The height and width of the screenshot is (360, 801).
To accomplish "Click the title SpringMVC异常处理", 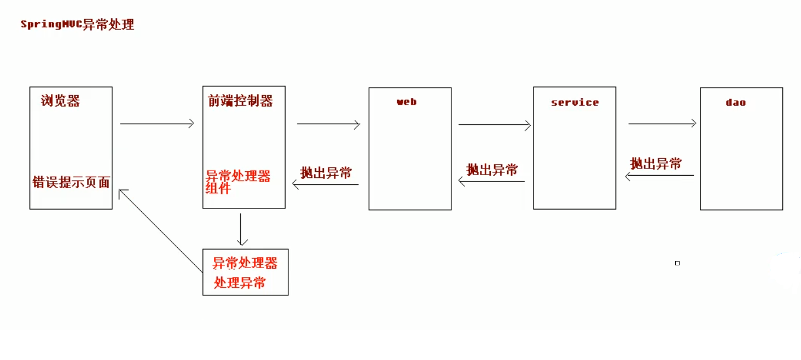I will (77, 25).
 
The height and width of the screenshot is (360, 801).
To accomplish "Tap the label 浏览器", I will (60, 101).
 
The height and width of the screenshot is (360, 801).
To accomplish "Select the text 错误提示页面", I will (71, 182).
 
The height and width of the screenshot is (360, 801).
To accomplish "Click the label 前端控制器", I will (240, 101).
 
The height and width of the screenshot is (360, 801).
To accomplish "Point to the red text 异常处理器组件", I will (238, 182).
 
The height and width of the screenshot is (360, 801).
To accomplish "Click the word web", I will (407, 102).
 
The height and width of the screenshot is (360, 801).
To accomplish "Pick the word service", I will (574, 102).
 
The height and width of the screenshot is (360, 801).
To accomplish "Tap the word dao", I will (735, 102).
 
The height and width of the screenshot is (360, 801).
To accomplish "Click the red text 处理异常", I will (240, 283).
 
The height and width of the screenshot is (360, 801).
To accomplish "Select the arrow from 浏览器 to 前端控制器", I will (157, 124).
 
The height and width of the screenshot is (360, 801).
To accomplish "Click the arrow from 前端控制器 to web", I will (328, 124).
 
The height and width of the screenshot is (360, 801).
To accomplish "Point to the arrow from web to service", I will (495, 125).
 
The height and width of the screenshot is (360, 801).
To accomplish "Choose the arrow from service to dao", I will (662, 124).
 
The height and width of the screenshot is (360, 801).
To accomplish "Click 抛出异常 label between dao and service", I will (656, 164).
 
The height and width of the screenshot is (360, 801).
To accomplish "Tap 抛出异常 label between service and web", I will (492, 170).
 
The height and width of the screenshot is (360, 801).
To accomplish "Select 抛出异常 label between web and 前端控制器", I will (326, 173).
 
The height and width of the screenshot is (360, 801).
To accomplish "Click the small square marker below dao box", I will (677, 263).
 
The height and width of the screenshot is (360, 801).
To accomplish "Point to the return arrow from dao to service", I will (660, 176).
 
